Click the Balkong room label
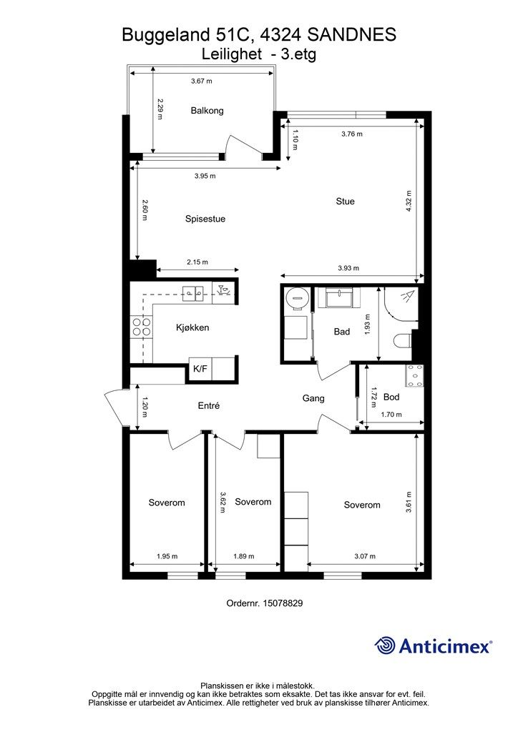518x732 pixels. tap(207, 111)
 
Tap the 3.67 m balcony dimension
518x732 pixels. tap(201, 81)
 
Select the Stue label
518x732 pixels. tap(345, 201)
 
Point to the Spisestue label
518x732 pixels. tap(205, 219)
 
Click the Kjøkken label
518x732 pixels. tap(192, 327)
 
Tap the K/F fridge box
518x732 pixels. tap(200, 370)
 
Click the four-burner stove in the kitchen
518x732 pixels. tap(142, 326)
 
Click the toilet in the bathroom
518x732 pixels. tap(402, 340)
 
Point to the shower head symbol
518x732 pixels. tap(407, 296)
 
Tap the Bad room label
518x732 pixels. tap(342, 332)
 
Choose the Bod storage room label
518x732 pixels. tap(391, 397)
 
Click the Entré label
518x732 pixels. tap(209, 406)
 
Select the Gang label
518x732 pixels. tap(313, 398)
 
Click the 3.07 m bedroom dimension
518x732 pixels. tap(365, 556)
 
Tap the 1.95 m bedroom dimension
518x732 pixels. tap(167, 556)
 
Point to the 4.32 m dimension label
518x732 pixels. tap(409, 201)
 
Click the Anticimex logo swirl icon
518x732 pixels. tap(385, 646)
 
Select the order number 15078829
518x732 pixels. tap(283, 603)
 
